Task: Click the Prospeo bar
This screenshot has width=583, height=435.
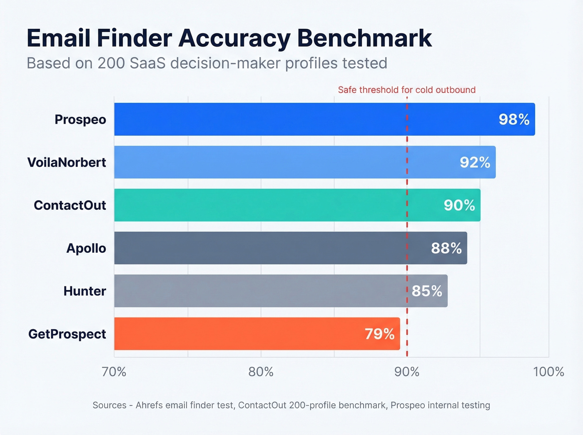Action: [x=291, y=119]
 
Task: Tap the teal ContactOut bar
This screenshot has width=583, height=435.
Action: [x=271, y=205]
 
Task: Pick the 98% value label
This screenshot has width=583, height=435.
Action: [x=514, y=120]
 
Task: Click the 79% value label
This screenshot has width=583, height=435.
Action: [x=379, y=334]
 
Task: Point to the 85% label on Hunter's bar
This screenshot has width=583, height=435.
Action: [x=427, y=291]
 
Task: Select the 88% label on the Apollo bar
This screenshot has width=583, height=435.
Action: [x=446, y=249]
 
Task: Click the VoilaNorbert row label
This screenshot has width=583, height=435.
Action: [x=67, y=162]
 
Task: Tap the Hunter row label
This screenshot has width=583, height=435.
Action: [x=85, y=291]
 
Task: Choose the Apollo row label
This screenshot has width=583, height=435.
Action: [x=86, y=249]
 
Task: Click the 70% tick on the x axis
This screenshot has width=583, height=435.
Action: [x=114, y=372]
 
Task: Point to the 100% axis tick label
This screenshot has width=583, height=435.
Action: [x=548, y=372]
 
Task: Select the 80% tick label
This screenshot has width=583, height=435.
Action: [x=261, y=372]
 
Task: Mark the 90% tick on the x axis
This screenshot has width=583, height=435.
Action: [x=407, y=372]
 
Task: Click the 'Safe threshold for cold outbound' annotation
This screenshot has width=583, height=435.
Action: [x=406, y=90]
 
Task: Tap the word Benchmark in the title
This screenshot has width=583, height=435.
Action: [x=364, y=38]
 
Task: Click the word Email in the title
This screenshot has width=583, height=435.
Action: [x=58, y=38]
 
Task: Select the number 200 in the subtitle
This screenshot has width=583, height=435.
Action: [x=111, y=63]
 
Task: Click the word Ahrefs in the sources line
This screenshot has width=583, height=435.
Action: [x=149, y=405]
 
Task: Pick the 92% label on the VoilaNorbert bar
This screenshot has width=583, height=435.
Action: [x=475, y=162]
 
